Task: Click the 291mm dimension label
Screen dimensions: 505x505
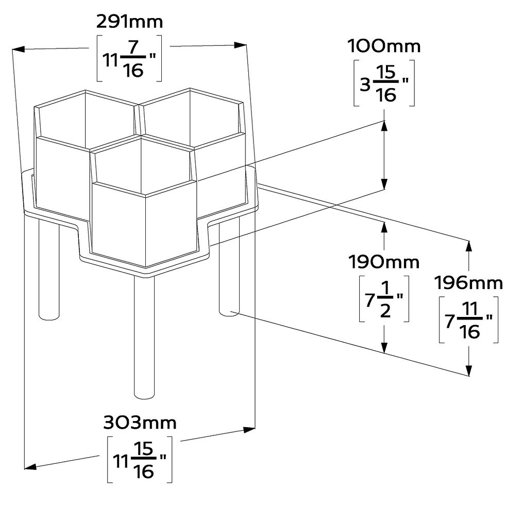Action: click(129, 22)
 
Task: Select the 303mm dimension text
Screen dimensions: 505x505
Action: click(140, 423)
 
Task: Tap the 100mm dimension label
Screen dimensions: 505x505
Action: click(384, 46)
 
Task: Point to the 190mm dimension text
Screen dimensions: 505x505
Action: click(383, 262)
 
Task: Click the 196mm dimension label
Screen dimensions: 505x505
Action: click(468, 282)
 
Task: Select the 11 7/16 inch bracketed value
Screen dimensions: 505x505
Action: click(129, 58)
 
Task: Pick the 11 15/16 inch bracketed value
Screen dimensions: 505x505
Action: click(140, 460)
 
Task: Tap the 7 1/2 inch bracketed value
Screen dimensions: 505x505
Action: click(384, 299)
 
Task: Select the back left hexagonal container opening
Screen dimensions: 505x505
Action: click(85, 119)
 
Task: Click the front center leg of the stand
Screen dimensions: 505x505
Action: click(144, 335)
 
